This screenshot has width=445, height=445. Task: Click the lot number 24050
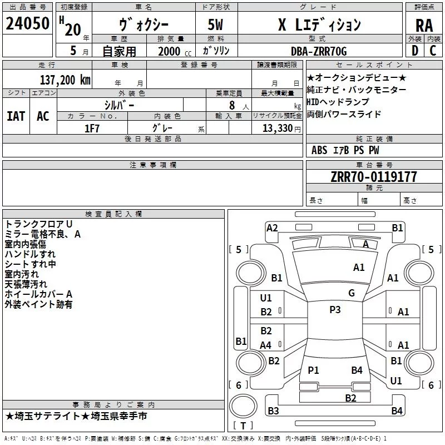27,23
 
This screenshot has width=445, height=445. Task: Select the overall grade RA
424,26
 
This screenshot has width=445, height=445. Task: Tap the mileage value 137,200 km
65,80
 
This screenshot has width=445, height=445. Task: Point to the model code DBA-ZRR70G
319,51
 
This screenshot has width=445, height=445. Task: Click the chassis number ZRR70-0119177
374,177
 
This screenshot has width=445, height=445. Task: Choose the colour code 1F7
92,128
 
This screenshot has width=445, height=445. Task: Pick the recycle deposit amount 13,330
277,128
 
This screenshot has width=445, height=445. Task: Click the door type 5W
215,24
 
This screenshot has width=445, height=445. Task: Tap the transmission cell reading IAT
16,116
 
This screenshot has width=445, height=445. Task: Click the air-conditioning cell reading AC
43,116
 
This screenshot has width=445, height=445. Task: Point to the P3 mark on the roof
335,310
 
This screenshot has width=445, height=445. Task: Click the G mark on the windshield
352,293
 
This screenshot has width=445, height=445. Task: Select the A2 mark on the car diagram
272,228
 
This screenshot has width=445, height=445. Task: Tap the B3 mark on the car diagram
273,411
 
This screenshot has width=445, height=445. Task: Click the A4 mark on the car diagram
266,345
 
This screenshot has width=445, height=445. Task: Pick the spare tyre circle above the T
243,406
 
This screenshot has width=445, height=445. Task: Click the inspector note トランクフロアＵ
38,224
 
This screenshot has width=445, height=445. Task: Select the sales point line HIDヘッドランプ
338,102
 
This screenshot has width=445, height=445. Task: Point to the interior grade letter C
433,51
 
